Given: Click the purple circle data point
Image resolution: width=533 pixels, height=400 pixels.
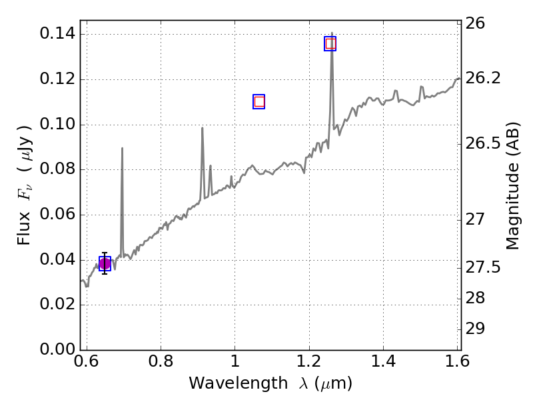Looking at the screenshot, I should pos(105,264).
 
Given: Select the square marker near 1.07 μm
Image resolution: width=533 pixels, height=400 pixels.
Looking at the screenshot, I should pos(259,101).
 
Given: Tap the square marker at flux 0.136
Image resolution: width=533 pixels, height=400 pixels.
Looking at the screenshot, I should pos(330,43).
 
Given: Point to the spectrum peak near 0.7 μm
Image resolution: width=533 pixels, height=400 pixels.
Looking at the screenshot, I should pos(122,149).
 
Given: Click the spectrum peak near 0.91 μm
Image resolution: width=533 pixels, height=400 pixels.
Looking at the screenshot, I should pos(202,129).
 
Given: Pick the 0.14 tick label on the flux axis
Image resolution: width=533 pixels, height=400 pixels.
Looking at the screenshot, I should pos(57,34).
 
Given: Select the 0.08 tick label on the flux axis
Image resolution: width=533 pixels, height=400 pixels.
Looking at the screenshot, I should pos(57,169).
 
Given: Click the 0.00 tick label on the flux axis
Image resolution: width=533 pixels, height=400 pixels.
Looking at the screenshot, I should pos(57,350).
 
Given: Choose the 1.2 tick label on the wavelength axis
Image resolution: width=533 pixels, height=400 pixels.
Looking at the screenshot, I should pos(309,362).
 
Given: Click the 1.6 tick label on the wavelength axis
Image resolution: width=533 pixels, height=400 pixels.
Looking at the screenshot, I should pos(457,362).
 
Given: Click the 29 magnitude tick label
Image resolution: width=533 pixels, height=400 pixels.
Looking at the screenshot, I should pos(479,329).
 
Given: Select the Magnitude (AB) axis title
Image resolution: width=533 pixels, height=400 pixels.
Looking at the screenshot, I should pos(512,185).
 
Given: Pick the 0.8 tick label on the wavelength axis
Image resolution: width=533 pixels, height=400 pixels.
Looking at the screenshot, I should pos(161,362).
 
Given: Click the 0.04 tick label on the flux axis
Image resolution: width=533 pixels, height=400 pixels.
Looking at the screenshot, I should pos(57,260).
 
